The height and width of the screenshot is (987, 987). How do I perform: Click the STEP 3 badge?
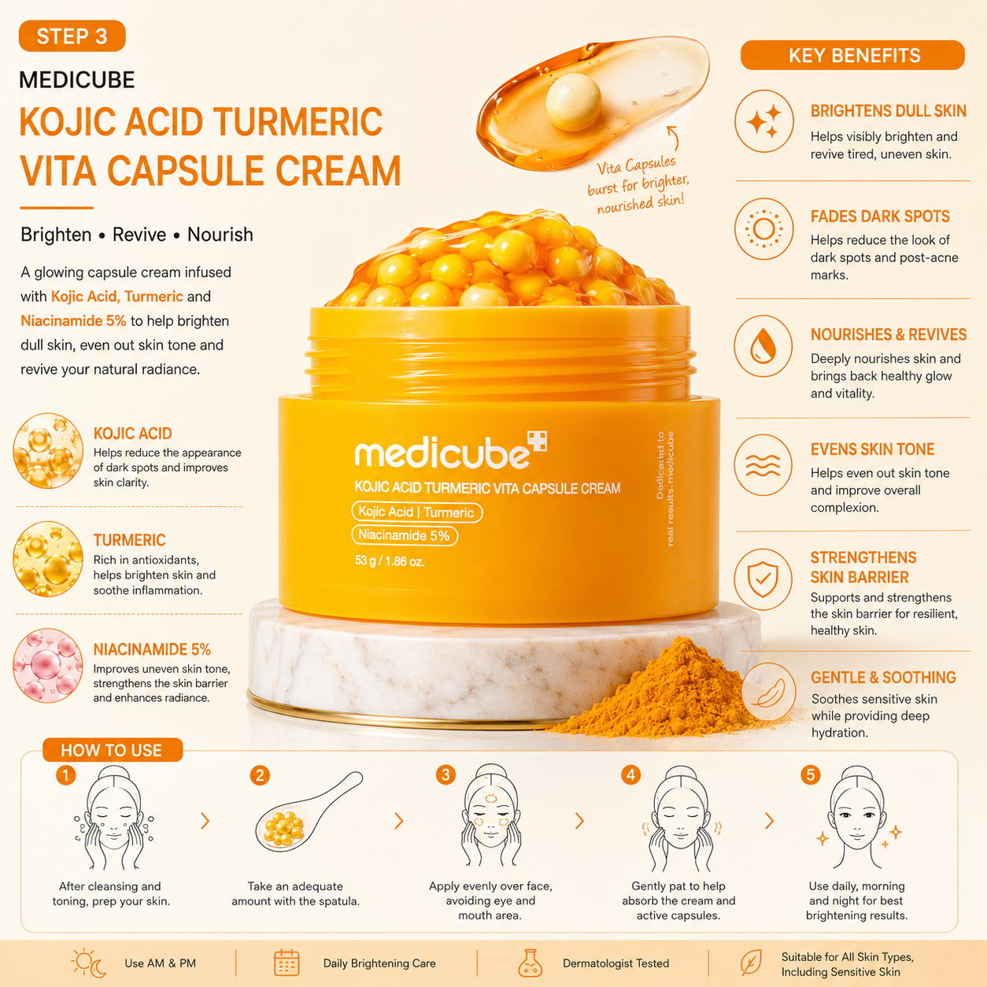[x=72, y=36]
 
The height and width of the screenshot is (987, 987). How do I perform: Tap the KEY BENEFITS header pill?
[x=852, y=55]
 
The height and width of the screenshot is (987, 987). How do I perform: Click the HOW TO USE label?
[x=113, y=750]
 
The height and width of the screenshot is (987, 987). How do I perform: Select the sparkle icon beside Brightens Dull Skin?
[x=763, y=121]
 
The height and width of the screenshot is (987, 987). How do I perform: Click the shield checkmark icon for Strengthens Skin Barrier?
[x=763, y=579]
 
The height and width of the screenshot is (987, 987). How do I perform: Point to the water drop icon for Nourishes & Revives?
[x=763, y=346]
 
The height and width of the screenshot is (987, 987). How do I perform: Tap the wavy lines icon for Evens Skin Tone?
[x=763, y=464]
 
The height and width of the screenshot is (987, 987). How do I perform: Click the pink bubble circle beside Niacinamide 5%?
[x=48, y=665]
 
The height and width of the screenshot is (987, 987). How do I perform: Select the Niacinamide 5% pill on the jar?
[x=405, y=535]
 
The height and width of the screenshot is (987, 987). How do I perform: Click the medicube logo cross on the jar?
[x=538, y=441]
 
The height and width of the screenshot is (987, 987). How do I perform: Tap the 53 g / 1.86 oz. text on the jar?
[x=390, y=561]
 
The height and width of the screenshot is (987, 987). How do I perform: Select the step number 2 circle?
[x=261, y=775]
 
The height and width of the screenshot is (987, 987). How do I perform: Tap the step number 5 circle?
[x=811, y=774]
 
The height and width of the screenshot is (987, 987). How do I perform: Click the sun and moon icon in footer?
[x=89, y=963]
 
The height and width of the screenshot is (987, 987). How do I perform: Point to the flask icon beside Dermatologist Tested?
[x=530, y=963]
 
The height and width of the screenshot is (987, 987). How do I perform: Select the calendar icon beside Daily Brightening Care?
[x=286, y=963]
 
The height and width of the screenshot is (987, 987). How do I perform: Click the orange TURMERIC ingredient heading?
[x=130, y=540]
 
